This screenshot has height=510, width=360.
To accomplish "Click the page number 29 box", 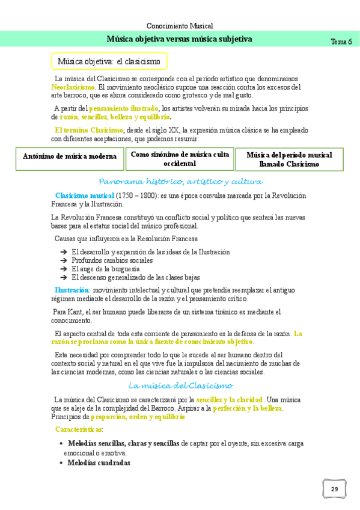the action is pyautogui.click(x=334, y=489).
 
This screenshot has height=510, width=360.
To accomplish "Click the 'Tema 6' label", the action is pyautogui.click(x=341, y=41).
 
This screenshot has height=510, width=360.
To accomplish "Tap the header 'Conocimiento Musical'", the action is pyautogui.click(x=180, y=26).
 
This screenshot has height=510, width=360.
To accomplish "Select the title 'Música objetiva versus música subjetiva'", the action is pyautogui.click(x=179, y=39).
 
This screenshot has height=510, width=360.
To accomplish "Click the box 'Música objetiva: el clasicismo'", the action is pyautogui.click(x=109, y=61).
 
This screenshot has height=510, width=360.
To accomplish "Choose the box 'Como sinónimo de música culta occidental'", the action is pyautogui.click(x=180, y=159).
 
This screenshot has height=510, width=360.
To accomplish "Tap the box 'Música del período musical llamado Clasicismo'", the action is pyautogui.click(x=289, y=159).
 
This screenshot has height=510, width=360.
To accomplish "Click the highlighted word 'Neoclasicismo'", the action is pyautogui.click(x=73, y=87).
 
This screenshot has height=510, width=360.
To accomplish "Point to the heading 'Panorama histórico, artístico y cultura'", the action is pyautogui.click(x=180, y=182).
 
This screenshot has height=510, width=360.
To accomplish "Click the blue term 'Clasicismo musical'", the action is pyautogui.click(x=84, y=196).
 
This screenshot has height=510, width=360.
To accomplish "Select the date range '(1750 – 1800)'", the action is pyautogui.click(x=136, y=196).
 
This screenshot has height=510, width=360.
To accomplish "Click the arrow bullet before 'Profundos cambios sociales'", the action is pyautogui.click(x=64, y=261).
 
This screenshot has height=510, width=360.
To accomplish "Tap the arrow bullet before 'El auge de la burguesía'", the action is pyautogui.click(x=64, y=269).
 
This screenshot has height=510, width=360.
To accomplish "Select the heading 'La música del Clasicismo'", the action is pyautogui.click(x=181, y=386).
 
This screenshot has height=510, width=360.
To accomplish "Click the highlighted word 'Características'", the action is pyautogui.click(x=78, y=429).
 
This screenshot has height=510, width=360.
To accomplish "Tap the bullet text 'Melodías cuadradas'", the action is pyautogui.click(x=99, y=463).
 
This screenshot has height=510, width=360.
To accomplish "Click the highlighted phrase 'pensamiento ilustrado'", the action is pyautogui.click(x=123, y=109).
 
